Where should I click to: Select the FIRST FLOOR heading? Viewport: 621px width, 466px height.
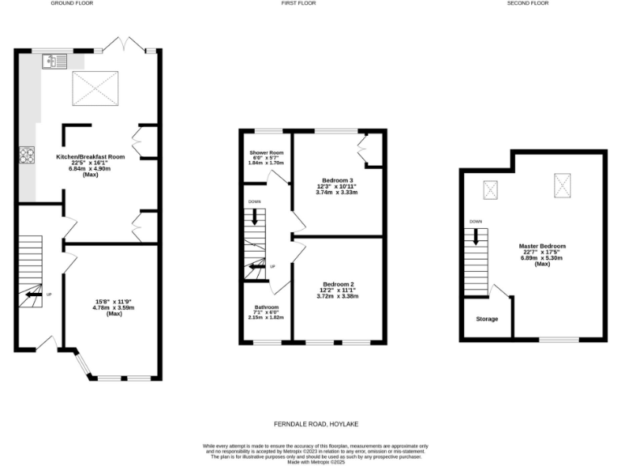pos(299,3)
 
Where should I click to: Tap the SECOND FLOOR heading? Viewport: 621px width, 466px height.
pos(528,3)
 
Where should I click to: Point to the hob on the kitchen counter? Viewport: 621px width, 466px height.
pos(27,155)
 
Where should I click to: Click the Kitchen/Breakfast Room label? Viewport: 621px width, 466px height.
pos(90,156)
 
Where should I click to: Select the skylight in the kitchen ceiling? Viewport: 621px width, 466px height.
pos(97,87)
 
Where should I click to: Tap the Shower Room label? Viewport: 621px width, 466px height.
pos(266,152)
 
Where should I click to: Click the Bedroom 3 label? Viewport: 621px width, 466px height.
pos(337,180)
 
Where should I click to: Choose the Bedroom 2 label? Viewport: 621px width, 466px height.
pos(338,284)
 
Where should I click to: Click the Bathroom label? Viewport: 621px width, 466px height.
pos(266,307)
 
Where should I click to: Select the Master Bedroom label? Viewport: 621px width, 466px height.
pos(543,246)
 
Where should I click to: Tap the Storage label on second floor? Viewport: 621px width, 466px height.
pos(487,319)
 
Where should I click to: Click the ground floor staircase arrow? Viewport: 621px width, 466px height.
pos(34,294)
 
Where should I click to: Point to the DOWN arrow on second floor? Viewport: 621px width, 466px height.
pos(476,236)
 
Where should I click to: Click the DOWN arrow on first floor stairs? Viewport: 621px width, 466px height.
pos(255,216)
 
